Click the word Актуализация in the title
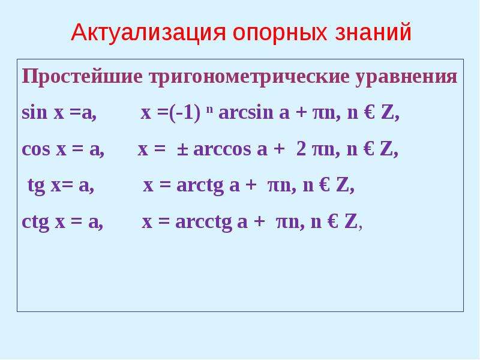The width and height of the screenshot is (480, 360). pyautogui.click(x=148, y=32)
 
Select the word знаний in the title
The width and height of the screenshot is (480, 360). pyautogui.click(x=373, y=32)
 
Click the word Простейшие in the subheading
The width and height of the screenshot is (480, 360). pyautogui.click(x=82, y=77)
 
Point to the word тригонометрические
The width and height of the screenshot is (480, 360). pyautogui.click(x=249, y=77)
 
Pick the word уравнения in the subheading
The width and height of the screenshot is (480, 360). pyautogui.click(x=407, y=77)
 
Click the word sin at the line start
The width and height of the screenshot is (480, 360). pyautogui.click(x=35, y=112)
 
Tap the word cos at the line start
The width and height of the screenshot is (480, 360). pyautogui.click(x=36, y=149)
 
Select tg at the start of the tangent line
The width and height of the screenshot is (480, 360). pyautogui.click(x=37, y=186)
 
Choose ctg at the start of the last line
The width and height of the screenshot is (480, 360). pyautogui.click(x=35, y=222)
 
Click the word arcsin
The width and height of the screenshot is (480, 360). pyautogui.click(x=245, y=112)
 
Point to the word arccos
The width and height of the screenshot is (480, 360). pyautogui.click(x=222, y=149)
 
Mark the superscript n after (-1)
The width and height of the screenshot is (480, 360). pyautogui.click(x=209, y=109)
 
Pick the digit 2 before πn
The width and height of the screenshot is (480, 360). pyautogui.click(x=301, y=149)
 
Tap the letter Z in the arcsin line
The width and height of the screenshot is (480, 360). pyautogui.click(x=386, y=112)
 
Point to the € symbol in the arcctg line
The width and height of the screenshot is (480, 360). pyautogui.click(x=332, y=221)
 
